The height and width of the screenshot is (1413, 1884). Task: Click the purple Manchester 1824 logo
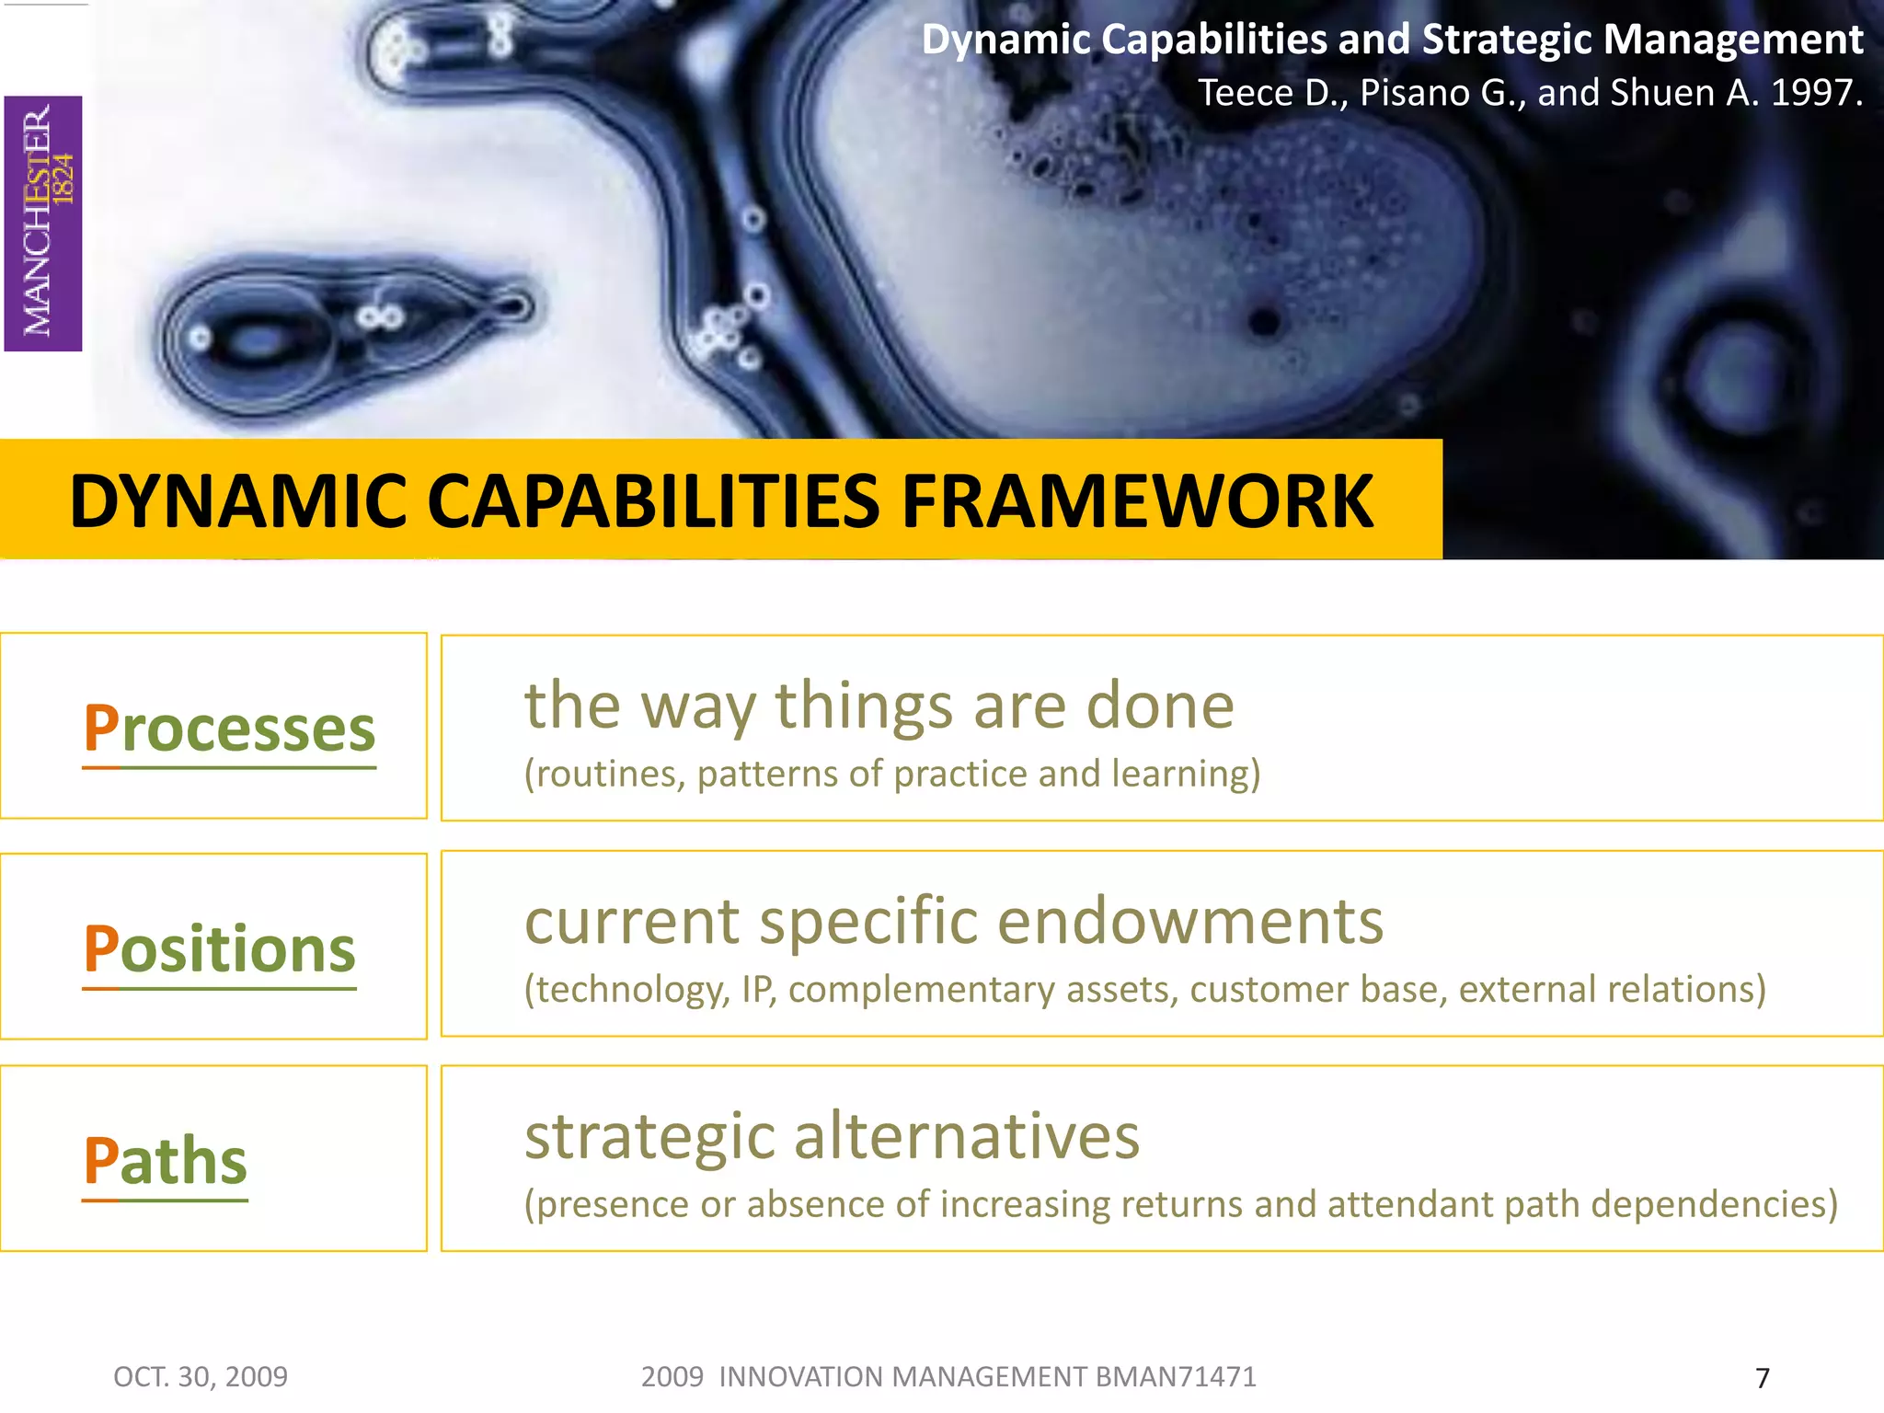click(43, 224)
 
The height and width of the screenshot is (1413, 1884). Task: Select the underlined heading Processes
click(230, 729)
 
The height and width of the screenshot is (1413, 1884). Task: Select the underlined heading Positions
click(220, 949)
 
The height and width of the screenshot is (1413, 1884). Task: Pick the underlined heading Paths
click(166, 1161)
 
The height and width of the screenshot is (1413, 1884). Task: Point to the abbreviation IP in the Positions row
click(757, 990)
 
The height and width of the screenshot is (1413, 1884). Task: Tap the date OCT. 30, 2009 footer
click(201, 1377)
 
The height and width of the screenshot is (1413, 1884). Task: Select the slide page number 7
click(1762, 1378)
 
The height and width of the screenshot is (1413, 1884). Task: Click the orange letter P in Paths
click(100, 1161)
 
